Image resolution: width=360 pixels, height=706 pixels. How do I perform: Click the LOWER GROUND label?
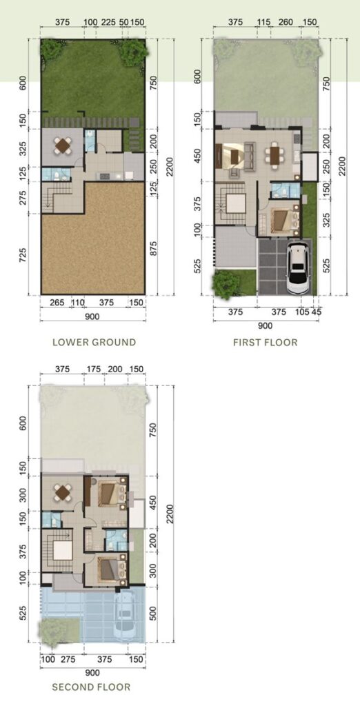tap(94, 342)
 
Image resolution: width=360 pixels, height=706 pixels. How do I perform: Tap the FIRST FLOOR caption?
tap(266, 343)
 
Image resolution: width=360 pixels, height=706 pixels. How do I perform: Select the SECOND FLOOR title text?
tap(92, 687)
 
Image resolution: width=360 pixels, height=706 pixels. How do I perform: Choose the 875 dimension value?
tap(154, 255)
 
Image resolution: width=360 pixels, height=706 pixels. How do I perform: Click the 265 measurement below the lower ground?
tap(55, 303)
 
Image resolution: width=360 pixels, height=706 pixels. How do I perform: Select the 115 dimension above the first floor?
tap(263, 22)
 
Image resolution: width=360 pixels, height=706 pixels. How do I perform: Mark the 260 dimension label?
tap(286, 22)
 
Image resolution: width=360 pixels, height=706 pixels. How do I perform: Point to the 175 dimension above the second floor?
tap(94, 370)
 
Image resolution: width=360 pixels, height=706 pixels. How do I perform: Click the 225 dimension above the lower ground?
tap(108, 22)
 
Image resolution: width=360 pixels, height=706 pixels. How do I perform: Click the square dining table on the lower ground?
tap(63, 145)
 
